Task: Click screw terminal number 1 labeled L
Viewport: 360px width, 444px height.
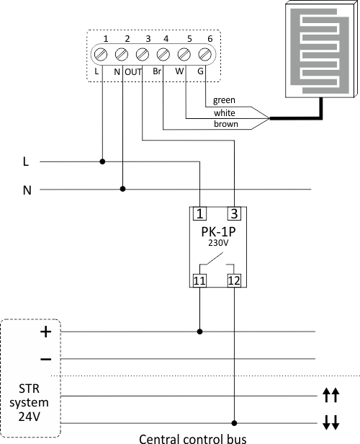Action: point(101,54)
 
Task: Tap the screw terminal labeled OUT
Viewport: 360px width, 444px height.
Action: point(143,54)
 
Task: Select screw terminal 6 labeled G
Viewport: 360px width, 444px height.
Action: point(204,54)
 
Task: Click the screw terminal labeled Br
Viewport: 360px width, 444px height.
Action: point(163,54)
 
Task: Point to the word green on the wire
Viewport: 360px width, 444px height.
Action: point(224,100)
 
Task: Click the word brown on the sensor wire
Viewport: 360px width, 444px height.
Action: point(226,124)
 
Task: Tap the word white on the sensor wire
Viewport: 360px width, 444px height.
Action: point(225,113)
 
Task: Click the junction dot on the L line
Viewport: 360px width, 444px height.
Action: point(103,161)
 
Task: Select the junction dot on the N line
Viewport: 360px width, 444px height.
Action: point(122,189)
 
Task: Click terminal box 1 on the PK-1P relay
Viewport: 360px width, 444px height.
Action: point(199,213)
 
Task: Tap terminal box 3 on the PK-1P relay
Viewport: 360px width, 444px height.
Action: point(234,213)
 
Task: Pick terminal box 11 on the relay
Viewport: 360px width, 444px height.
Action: point(199,280)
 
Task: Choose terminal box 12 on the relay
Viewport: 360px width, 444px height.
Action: point(234,280)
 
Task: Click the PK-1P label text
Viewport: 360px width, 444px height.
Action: point(218,232)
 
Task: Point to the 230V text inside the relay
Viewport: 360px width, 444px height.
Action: point(218,243)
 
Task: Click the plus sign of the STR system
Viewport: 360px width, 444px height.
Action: point(46,332)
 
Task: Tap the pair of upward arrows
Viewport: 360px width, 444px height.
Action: point(331,395)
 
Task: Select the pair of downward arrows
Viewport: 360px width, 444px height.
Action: point(331,422)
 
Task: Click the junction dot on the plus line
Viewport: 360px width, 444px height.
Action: point(199,332)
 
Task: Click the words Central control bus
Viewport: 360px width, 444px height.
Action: point(192,439)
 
